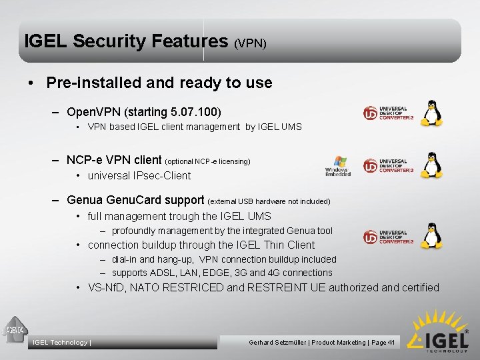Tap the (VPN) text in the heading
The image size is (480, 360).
(x=251, y=43)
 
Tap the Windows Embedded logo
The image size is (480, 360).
(x=338, y=166)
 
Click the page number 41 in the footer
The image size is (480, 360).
(x=392, y=342)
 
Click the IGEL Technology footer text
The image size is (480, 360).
(x=61, y=343)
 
